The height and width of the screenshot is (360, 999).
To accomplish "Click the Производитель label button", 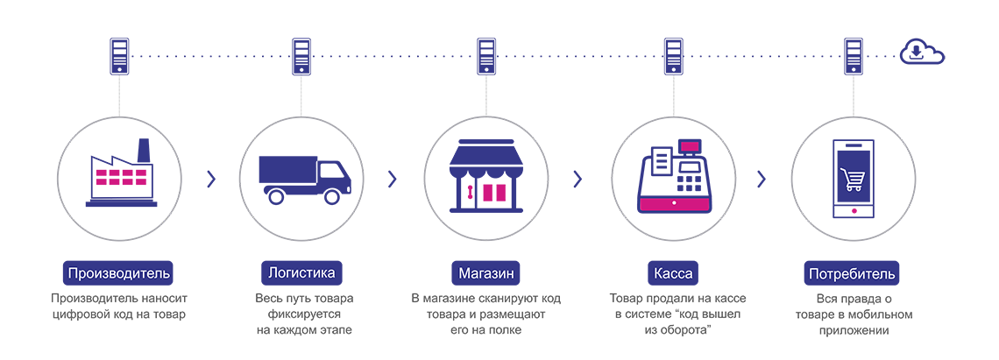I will tap(119, 272).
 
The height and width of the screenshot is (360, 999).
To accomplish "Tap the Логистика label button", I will tap(298, 272).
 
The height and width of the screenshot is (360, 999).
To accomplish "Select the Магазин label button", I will tap(486, 272).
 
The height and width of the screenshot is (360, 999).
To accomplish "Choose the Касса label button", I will tap(672, 272).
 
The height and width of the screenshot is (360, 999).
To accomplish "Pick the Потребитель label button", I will tap(853, 272).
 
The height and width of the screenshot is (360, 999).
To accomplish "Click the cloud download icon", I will tap(922, 54).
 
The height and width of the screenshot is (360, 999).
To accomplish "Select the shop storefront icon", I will tap(486, 175).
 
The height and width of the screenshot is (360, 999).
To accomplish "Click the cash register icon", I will tap(673, 177).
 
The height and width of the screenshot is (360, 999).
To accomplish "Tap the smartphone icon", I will tap(854, 179).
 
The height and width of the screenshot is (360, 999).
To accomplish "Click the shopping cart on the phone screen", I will tap(853, 180).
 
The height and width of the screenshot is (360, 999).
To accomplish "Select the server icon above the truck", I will tap(301, 55).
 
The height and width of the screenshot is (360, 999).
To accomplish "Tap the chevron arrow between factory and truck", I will tap(210, 179).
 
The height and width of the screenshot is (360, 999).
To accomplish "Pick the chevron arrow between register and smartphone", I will tap(761, 179).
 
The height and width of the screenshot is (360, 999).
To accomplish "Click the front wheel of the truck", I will tap(332, 196).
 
